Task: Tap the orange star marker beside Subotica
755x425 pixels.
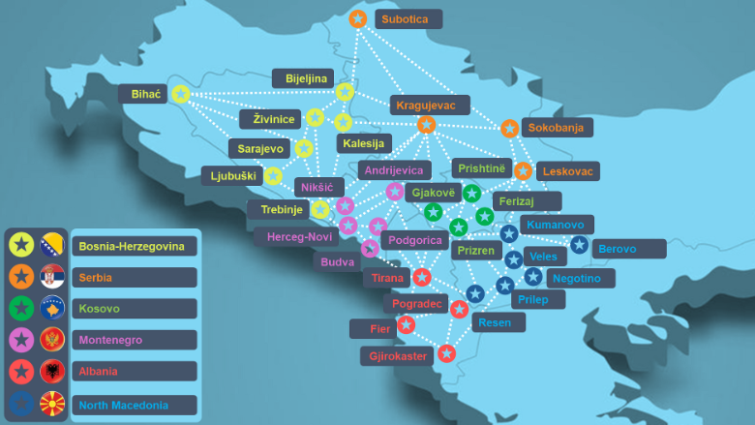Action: (357, 18)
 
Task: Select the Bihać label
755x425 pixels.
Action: (144, 94)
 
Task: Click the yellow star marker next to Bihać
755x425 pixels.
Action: (180, 94)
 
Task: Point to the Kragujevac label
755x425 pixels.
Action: (430, 105)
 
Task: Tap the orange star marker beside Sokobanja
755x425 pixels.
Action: (509, 128)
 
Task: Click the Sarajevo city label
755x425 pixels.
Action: (260, 149)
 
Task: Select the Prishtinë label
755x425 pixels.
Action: (481, 167)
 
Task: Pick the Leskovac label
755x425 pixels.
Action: (567, 171)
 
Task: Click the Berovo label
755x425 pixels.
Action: (628, 249)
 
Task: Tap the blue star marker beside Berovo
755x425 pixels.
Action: (579, 245)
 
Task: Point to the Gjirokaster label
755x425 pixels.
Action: (398, 356)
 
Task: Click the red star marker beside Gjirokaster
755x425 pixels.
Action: (446, 353)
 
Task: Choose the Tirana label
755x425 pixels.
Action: (388, 279)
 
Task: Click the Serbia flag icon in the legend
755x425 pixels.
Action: (52, 277)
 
